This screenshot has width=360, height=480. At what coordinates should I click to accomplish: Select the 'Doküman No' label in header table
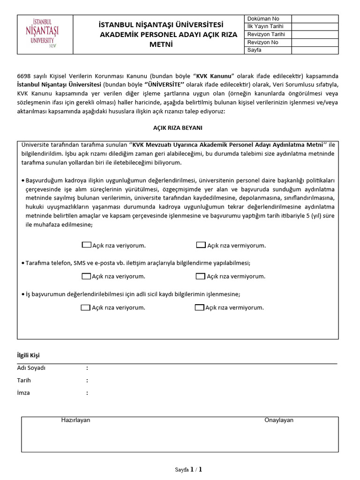click(x=263, y=19)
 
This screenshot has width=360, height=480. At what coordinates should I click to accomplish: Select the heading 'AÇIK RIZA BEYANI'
click(x=178, y=127)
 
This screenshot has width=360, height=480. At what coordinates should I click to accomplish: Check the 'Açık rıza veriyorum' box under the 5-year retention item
click(x=86, y=245)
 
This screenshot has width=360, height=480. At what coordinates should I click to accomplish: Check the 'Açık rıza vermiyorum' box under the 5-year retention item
click(x=201, y=245)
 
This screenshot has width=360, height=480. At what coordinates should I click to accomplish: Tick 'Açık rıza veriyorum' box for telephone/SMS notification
click(x=86, y=276)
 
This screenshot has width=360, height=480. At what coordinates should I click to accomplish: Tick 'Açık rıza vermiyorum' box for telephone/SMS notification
click(x=200, y=276)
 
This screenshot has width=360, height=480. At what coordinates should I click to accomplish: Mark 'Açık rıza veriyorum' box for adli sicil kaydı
click(x=85, y=307)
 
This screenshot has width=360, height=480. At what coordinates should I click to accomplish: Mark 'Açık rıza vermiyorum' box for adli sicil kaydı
click(x=199, y=307)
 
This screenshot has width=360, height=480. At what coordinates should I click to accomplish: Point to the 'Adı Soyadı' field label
click(x=31, y=368)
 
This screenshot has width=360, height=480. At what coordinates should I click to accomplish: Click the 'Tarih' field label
click(x=24, y=380)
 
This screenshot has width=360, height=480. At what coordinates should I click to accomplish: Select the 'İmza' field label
click(x=23, y=392)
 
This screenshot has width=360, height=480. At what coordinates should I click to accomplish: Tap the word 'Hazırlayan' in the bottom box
click(x=75, y=420)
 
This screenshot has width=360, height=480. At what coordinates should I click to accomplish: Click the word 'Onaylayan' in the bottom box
click(x=278, y=420)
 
